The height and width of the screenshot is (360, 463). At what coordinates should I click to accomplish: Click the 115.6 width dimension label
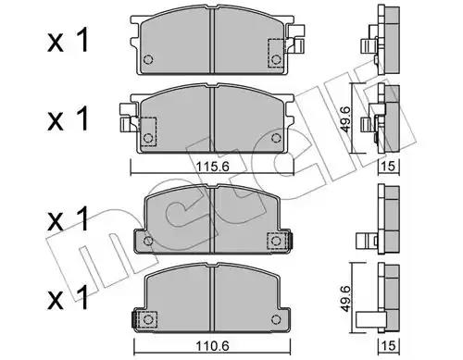click(212, 167)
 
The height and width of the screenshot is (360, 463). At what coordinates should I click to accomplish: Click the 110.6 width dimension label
click(212, 346)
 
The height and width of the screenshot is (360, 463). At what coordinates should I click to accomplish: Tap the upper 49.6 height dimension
click(346, 118)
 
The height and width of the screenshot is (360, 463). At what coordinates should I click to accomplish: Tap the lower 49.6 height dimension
click(346, 298)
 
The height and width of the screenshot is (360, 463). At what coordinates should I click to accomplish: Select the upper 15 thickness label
click(389, 167)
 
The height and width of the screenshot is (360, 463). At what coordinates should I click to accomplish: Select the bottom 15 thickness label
click(389, 346)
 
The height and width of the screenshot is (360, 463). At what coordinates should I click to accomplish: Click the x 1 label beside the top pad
click(68, 40)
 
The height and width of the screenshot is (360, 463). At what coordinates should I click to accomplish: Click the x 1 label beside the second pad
click(68, 118)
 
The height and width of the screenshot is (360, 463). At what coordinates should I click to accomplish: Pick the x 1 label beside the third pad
click(68, 219)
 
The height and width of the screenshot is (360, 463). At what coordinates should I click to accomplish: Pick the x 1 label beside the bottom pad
click(68, 297)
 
